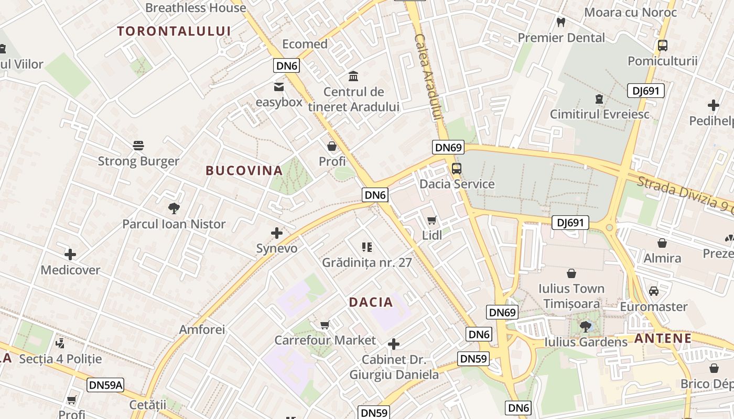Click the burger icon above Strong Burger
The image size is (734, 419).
pyautogui.click(x=138, y=145)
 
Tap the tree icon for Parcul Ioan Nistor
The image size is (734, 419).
pyautogui.click(x=174, y=208)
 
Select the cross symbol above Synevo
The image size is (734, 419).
pyautogui.click(x=277, y=233)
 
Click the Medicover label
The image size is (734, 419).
pyautogui.click(x=70, y=270)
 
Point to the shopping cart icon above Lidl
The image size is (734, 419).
pyautogui.click(x=432, y=220)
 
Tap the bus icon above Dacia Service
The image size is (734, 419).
pyautogui.click(x=456, y=169)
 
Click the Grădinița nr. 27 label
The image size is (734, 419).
pyautogui.click(x=367, y=262)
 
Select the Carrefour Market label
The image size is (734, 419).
pyautogui.click(x=325, y=340)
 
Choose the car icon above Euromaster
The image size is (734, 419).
pyautogui.click(x=654, y=291)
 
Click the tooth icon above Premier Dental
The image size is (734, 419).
pyautogui.click(x=561, y=23)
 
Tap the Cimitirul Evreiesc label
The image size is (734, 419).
pyautogui.click(x=599, y=114)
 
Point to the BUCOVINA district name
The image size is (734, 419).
pyautogui.click(x=244, y=171)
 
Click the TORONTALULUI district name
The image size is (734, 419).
pyautogui.click(x=174, y=31)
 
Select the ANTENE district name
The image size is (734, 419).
pyautogui.click(x=663, y=338)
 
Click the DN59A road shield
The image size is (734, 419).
pyautogui.click(x=105, y=385)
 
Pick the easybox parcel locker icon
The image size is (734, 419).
pyautogui.click(x=279, y=87)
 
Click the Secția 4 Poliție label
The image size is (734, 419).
pyautogui.click(x=60, y=359)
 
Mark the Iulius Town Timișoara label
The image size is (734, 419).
pyautogui.click(x=571, y=296)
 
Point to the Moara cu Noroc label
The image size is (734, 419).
pyautogui.click(x=630, y=12)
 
